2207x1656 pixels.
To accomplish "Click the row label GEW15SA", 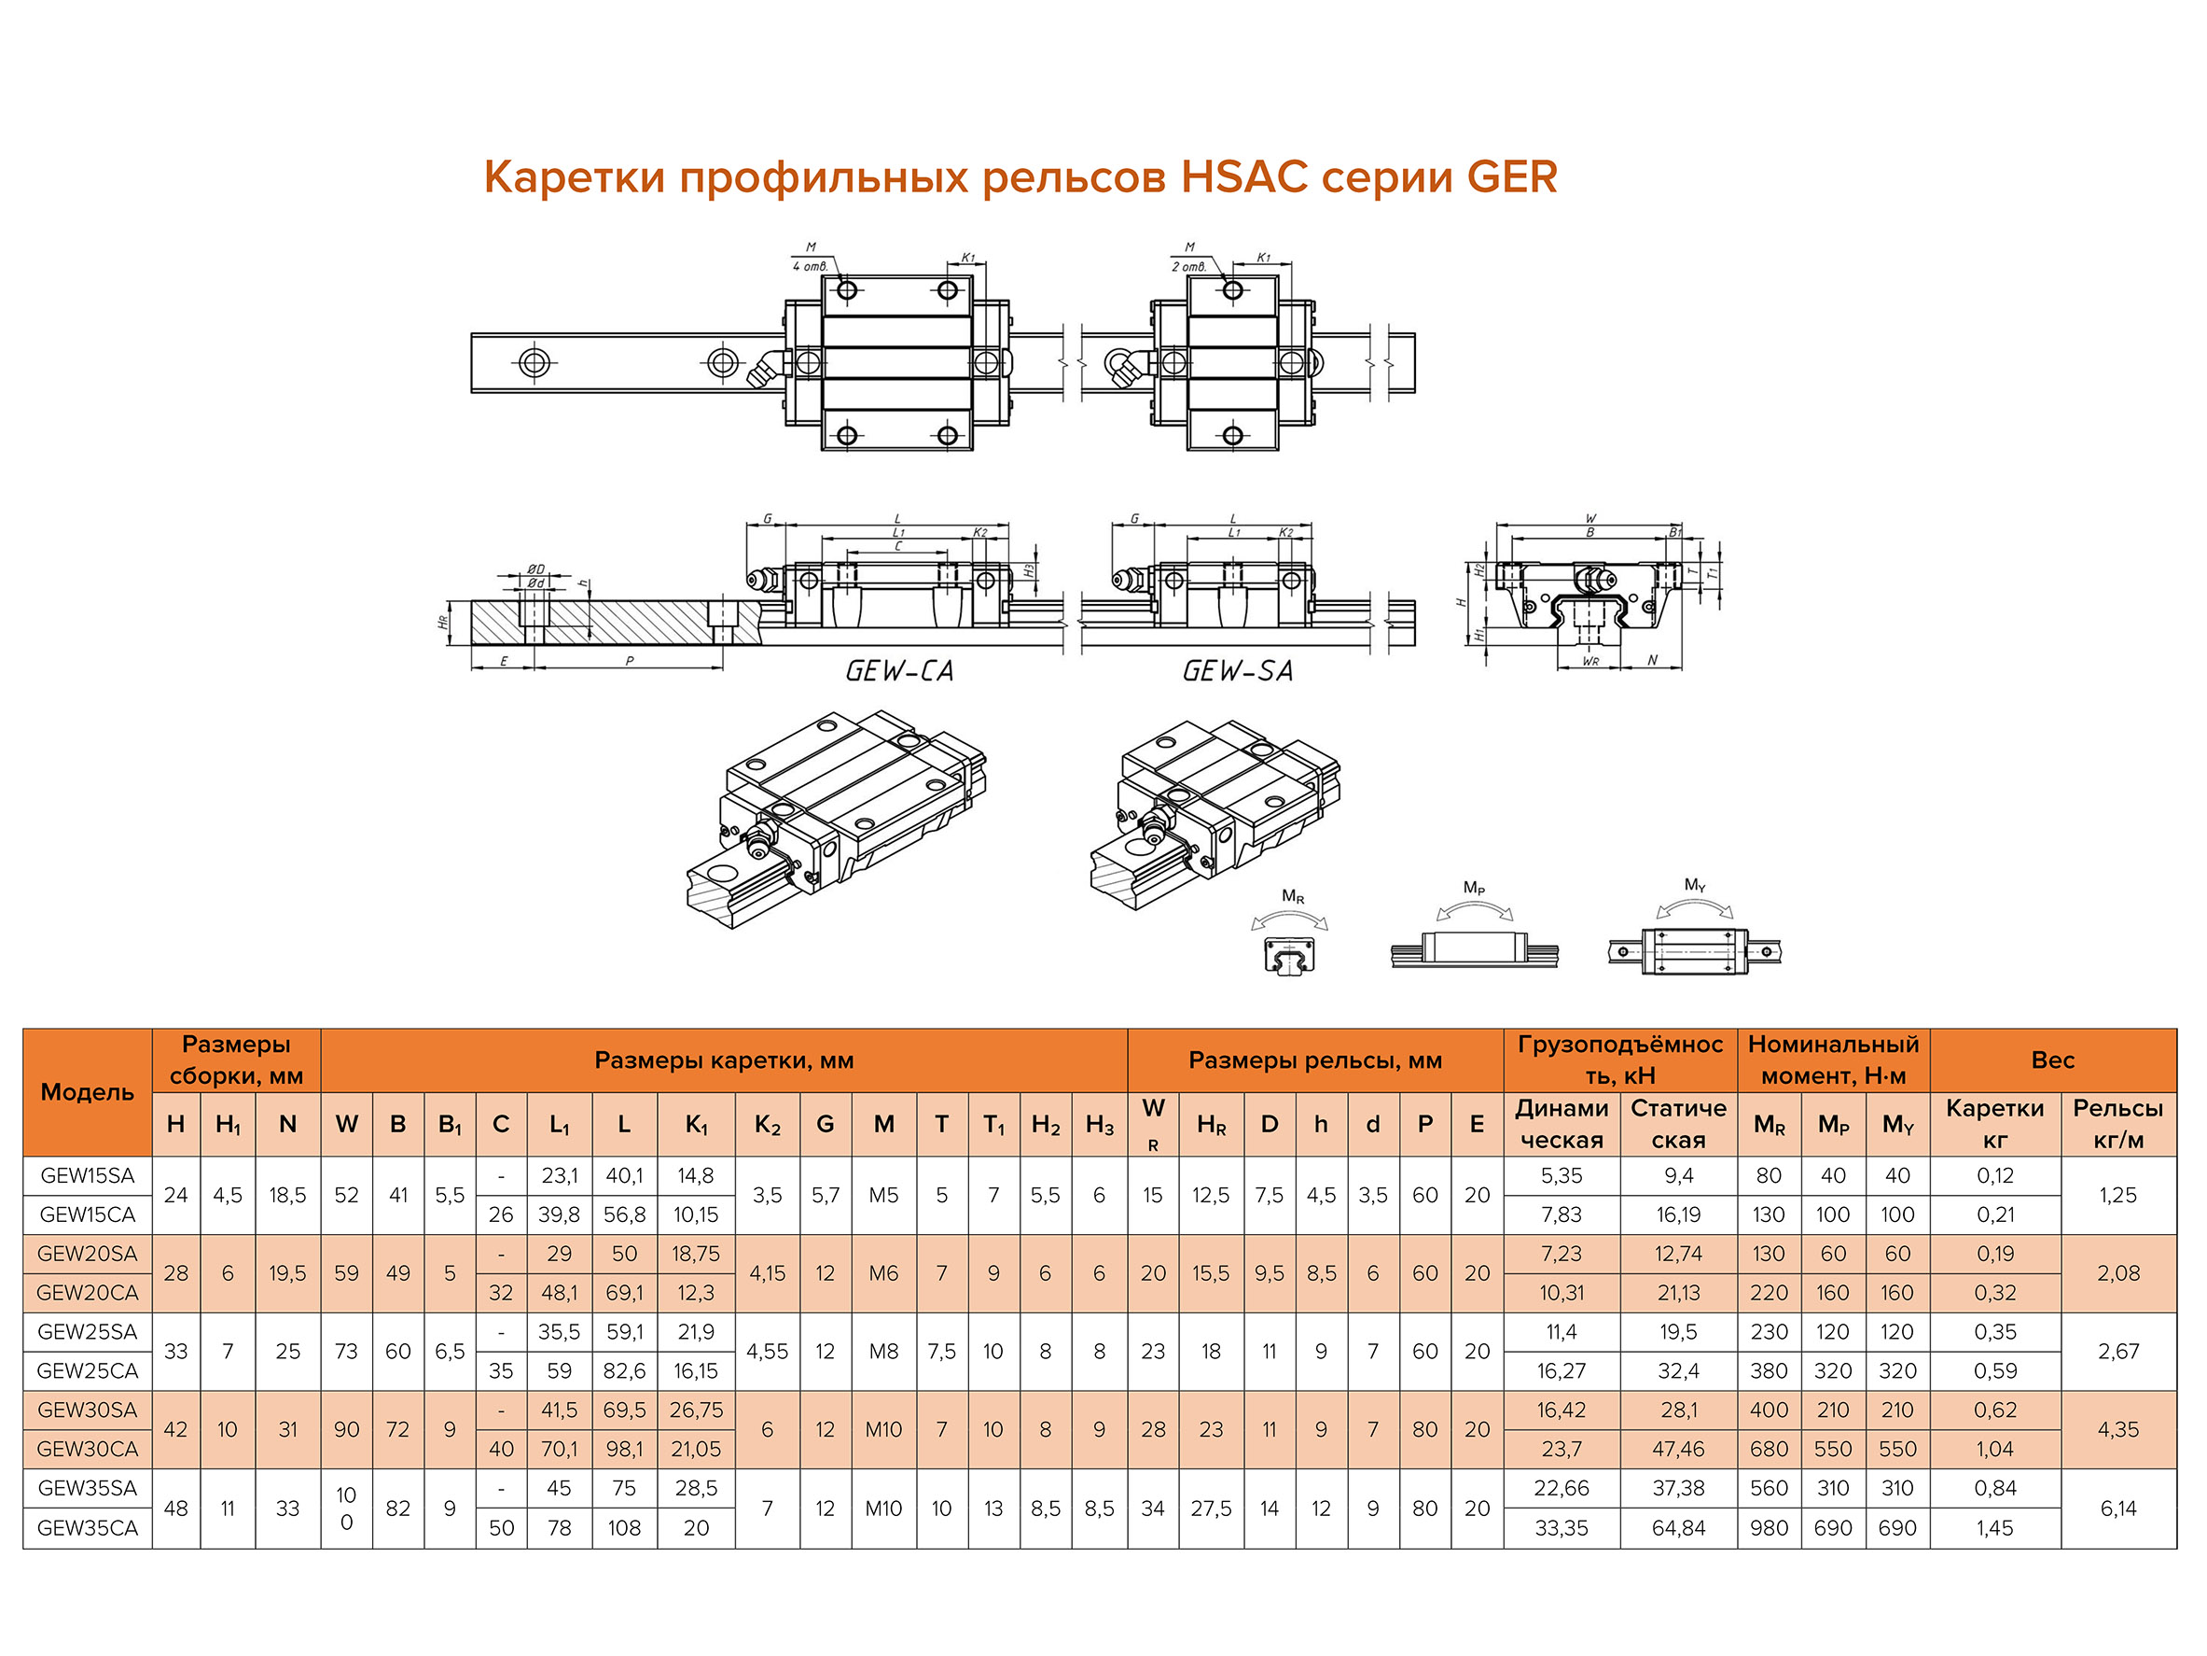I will coord(88,1175).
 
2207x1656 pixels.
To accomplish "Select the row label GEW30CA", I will coord(88,1449).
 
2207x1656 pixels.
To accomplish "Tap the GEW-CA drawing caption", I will coord(899,671).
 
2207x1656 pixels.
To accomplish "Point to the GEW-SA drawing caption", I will coord(1237,671).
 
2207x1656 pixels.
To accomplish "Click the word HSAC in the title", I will coord(1243,177).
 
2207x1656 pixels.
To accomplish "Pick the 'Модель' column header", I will coord(88,1092).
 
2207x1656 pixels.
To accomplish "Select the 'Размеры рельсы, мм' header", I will coord(1315,1060).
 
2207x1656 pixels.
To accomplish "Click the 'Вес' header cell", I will coord(2052,1060).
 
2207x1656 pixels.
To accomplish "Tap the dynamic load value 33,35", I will coord(1562,1527).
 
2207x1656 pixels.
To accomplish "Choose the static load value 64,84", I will coord(1678,1527).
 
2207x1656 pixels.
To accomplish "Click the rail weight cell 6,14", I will coord(2118,1509).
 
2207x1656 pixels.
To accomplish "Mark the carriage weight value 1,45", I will coord(1994,1527).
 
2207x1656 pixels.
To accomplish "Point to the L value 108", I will coord(625,1527).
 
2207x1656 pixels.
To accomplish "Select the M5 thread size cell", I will coord(883,1195).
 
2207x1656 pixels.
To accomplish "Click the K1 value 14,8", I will coord(696,1175).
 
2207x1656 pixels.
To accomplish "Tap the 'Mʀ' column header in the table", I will coord(1769,1124).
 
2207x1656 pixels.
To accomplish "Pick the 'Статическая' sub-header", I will coord(1678,1124).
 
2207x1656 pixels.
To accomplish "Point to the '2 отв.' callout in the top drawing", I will coord(1188,267).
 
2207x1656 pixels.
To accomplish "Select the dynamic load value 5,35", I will coord(1562,1175).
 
